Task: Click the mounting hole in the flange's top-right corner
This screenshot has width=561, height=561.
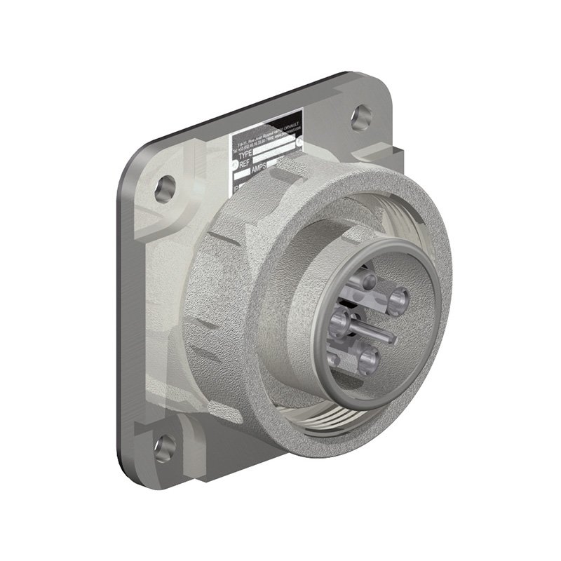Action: pos(361,116)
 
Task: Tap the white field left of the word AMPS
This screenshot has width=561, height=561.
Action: pos(243,177)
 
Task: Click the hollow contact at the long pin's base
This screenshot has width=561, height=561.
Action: pos(342,322)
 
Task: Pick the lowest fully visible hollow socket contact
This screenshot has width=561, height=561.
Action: pos(368,360)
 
